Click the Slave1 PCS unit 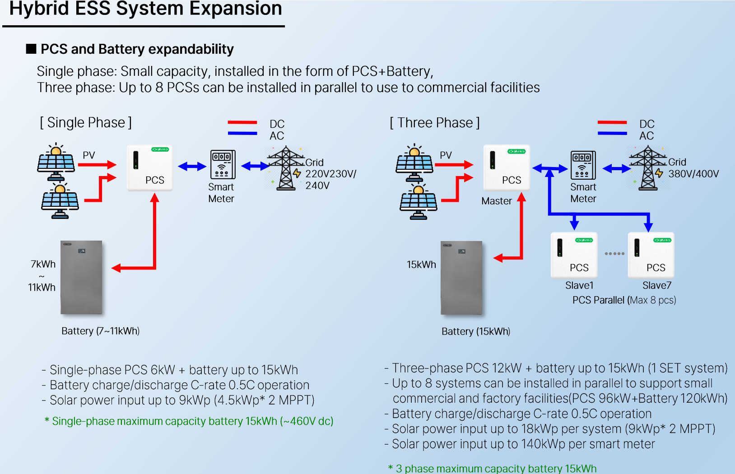click(x=574, y=255)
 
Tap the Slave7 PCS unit click(x=651, y=255)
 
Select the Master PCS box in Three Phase click(x=507, y=167)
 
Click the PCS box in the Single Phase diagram click(x=150, y=168)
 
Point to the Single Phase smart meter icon click(x=223, y=165)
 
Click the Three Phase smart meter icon click(x=583, y=165)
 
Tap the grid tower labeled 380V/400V click(x=648, y=167)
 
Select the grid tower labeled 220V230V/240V click(x=286, y=168)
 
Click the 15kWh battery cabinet click(x=461, y=278)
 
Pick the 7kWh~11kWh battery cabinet click(x=81, y=277)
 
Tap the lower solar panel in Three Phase click(x=419, y=203)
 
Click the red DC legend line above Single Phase click(x=242, y=122)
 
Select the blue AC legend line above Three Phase click(x=612, y=133)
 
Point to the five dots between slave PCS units click(x=614, y=254)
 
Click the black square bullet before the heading click(x=31, y=49)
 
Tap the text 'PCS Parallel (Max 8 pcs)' click(x=624, y=300)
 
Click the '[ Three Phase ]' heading click(x=435, y=123)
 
